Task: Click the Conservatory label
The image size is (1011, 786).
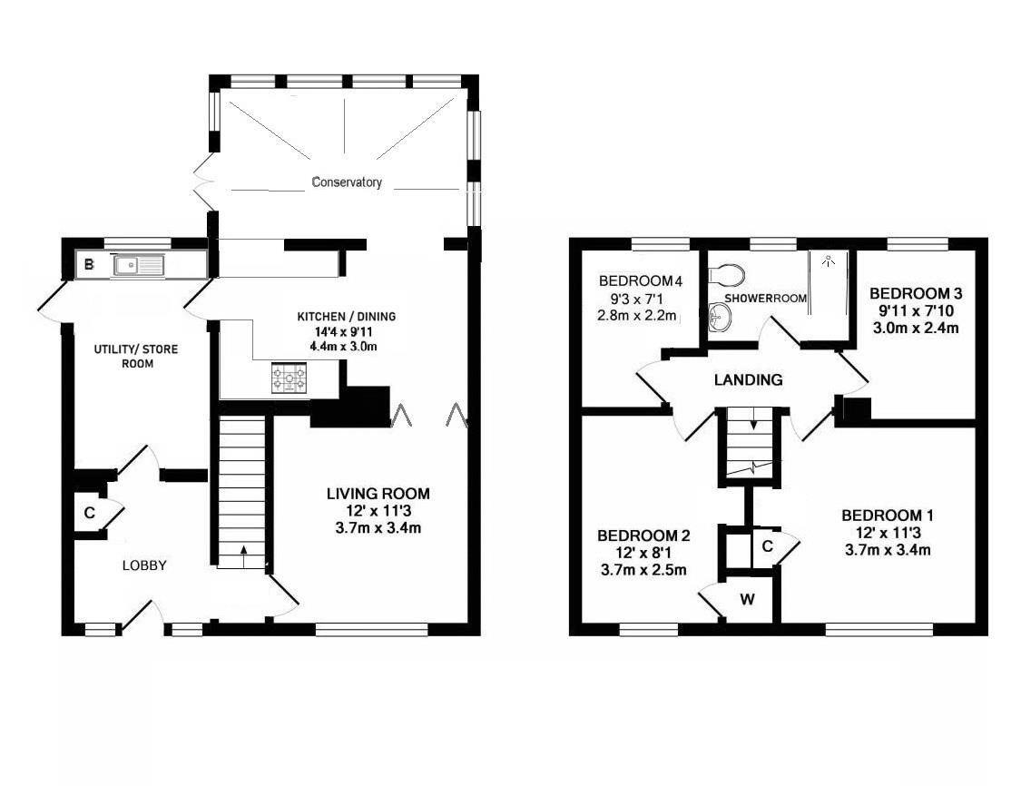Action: [347, 182]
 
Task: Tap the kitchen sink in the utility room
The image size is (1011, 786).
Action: [138, 265]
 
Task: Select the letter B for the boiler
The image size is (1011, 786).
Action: [89, 265]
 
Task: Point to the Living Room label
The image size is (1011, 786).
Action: [378, 494]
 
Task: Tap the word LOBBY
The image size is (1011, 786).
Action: [145, 565]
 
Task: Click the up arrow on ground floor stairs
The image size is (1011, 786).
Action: [243, 549]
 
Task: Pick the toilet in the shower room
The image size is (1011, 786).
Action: [729, 273]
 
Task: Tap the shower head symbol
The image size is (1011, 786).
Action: [828, 260]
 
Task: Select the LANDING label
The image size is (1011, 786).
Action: [748, 380]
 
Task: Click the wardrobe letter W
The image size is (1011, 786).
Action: [748, 599]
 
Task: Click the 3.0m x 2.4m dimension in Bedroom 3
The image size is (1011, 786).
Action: [914, 328]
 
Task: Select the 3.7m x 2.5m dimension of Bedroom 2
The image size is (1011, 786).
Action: [643, 570]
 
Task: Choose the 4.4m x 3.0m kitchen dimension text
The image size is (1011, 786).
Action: [348, 346]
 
